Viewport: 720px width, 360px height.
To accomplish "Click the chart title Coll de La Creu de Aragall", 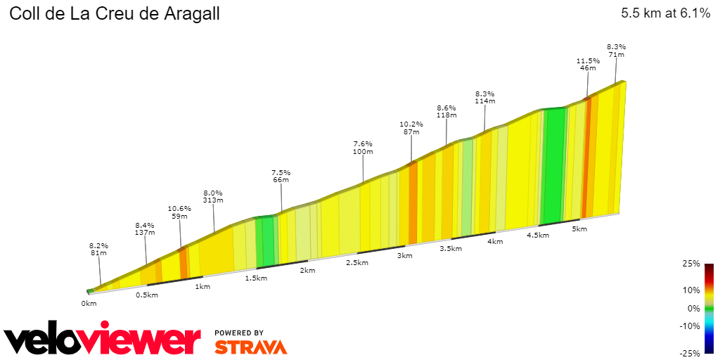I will point(115,14).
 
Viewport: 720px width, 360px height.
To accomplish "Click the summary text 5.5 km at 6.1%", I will point(665,13).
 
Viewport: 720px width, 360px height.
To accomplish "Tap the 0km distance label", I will point(89,303).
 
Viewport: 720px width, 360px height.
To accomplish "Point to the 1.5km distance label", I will point(256,278).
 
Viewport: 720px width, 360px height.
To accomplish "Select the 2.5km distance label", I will point(356,262).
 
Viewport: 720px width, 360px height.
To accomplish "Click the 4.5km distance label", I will point(537,236).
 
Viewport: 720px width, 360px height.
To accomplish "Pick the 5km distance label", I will point(579,229).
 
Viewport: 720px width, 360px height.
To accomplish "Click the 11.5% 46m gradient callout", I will point(589,65).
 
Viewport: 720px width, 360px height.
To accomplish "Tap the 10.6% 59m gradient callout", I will point(179,212).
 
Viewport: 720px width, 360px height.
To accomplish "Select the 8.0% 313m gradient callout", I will point(213,196).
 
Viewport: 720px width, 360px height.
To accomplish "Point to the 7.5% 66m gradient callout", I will point(281,176).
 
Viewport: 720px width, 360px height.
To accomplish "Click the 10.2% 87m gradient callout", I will point(411,127).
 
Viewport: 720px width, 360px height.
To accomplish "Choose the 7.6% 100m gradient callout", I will point(363,148).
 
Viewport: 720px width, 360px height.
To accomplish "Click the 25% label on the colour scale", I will point(692,264).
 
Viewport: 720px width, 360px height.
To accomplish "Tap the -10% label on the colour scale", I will point(690,326).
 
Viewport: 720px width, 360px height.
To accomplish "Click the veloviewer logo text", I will point(103,340).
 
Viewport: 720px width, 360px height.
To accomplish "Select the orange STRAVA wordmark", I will point(250,347).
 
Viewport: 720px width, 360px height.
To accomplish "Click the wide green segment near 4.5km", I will point(554,165).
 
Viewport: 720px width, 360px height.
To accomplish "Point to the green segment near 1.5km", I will point(266,241).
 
